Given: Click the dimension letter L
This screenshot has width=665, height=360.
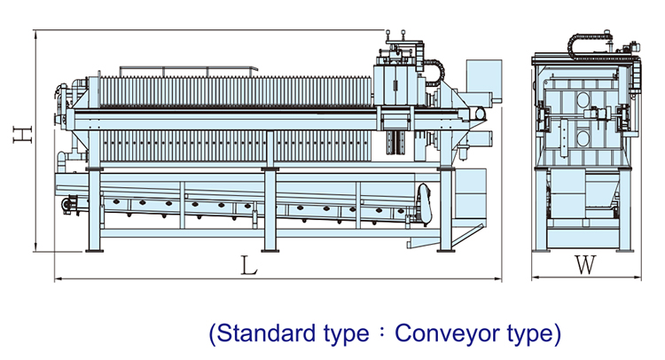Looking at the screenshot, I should (x=250, y=264).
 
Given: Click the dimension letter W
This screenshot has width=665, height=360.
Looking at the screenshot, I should (x=583, y=264).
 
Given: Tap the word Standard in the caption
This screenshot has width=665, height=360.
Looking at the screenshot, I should (x=266, y=334).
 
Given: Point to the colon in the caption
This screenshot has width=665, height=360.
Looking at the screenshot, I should (x=381, y=335).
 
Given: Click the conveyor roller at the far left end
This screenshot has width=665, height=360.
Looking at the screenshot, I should (x=66, y=205).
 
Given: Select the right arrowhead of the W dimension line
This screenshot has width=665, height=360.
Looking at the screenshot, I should (x=636, y=279).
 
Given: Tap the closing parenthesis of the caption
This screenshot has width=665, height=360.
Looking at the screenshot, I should (x=557, y=334).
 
